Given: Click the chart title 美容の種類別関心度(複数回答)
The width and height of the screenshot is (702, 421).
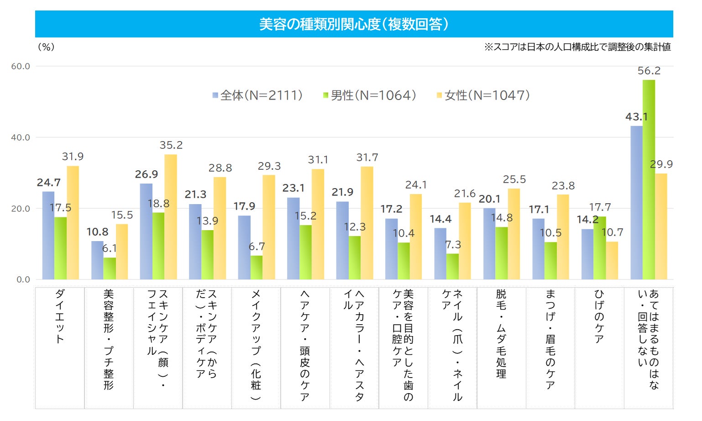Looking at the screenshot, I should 354,24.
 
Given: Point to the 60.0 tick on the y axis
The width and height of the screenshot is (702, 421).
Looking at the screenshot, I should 21,66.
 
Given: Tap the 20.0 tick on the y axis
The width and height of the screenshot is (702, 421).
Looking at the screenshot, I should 21,209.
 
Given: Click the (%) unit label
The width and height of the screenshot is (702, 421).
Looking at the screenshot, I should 46,47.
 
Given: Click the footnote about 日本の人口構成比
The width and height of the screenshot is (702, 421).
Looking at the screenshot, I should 577,47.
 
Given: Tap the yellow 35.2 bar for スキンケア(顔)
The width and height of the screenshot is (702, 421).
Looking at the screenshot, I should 171,217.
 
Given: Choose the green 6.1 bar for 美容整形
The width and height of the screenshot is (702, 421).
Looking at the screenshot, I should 110,268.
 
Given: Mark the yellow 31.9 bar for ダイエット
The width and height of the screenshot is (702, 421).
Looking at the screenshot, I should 73,222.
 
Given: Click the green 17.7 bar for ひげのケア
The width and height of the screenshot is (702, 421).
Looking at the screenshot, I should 600,248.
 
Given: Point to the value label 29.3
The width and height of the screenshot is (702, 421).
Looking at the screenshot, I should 269,166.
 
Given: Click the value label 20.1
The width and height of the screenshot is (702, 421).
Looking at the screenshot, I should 489,199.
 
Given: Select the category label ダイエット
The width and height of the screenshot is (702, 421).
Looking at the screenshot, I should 60,316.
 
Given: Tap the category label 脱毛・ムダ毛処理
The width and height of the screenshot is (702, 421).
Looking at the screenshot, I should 501,334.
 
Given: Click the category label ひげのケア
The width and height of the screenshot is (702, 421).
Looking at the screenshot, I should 599,316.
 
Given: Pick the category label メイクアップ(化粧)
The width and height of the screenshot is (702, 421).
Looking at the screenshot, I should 256,345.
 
